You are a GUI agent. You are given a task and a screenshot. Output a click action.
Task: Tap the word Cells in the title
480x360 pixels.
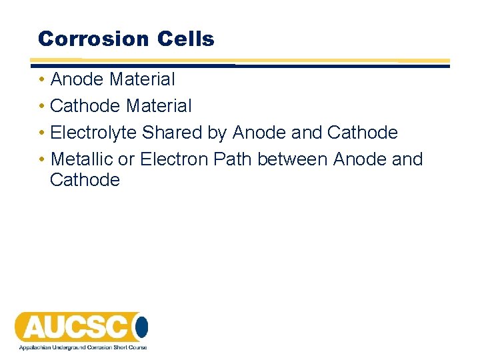(186, 39)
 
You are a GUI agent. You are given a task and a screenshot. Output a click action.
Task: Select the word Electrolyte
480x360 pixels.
(93, 133)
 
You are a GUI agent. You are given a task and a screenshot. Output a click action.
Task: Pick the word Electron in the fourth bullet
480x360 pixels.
(175, 159)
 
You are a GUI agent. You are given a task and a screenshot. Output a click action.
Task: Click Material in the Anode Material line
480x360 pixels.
(142, 79)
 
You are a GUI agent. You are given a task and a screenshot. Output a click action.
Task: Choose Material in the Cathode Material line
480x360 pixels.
(159, 106)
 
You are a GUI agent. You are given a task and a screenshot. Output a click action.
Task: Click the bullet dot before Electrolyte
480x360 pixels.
(42, 133)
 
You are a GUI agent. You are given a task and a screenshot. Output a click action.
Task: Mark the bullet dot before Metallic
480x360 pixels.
(42, 159)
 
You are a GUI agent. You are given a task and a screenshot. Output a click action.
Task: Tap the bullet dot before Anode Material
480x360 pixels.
(42, 79)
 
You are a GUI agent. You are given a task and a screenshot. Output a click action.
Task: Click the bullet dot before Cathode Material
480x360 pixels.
(42, 106)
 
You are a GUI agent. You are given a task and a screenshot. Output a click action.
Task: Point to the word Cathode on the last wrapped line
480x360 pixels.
(85, 179)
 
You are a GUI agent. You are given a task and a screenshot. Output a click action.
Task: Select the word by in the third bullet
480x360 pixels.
(217, 133)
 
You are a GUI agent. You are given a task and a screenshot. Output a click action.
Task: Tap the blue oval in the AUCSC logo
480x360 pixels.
(141, 327)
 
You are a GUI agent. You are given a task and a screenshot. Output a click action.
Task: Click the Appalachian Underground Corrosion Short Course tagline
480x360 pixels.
(82, 347)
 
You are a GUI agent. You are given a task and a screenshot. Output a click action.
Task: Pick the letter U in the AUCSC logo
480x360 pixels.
(57, 327)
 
